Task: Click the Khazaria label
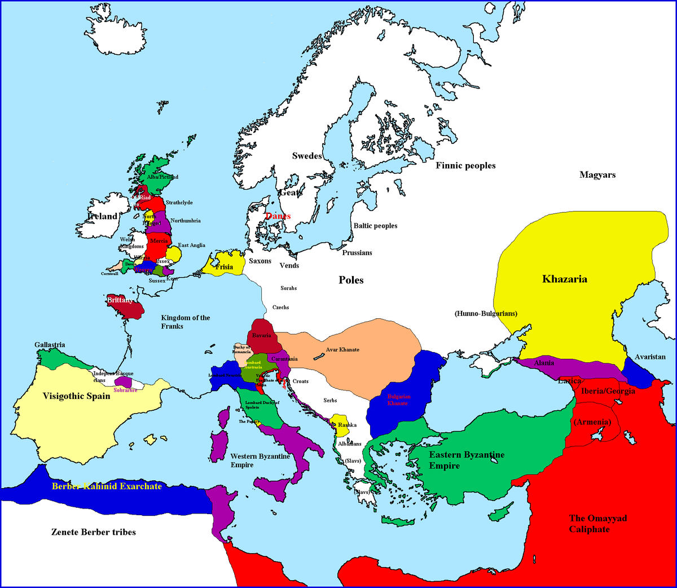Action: tap(564, 279)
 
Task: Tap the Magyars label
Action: tap(597, 175)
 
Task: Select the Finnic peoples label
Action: tap(465, 165)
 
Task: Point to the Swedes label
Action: tap(307, 156)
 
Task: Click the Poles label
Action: tap(351, 280)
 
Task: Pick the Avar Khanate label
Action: tap(342, 350)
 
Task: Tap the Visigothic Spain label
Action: tap(77, 396)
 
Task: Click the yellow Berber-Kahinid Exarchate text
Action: tap(107, 486)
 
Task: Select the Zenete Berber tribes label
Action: tap(94, 532)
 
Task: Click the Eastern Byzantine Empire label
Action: tap(467, 460)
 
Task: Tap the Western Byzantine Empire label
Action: tap(260, 460)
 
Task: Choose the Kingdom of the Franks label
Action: tap(185, 322)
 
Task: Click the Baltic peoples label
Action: tap(375, 226)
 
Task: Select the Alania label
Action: tap(544, 363)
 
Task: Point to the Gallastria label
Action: tap(50, 345)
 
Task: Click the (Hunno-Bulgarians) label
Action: tap(486, 313)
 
